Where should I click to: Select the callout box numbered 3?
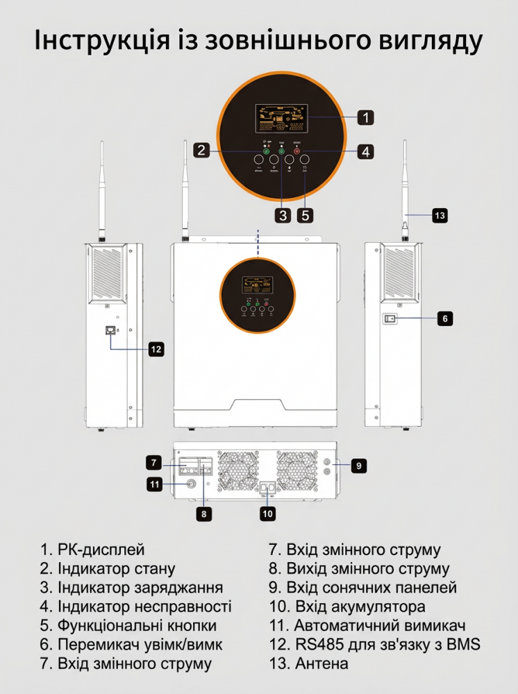[x=282, y=214]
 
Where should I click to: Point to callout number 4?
[x=366, y=150]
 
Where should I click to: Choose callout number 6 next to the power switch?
[x=445, y=319]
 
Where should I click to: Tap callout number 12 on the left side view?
[x=156, y=349]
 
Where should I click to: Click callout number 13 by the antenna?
[x=440, y=216]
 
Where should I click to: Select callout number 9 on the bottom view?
[x=358, y=465]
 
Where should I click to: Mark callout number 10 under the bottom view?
[x=268, y=514]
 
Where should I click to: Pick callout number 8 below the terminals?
[x=203, y=514]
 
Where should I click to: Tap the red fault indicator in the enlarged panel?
[x=297, y=152]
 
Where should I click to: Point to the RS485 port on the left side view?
[x=110, y=330]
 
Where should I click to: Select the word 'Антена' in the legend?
[x=321, y=663]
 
